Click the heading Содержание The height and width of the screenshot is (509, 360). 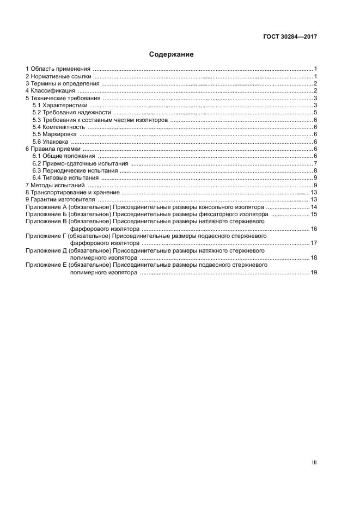pos(171,54)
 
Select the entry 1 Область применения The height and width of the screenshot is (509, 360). pos(58,69)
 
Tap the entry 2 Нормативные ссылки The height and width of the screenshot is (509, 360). pos(58,77)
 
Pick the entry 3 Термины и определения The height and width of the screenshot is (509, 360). pos(62,84)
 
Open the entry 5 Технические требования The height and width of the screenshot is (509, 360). pos(63,99)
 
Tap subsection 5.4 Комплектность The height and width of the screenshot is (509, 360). pos(58,127)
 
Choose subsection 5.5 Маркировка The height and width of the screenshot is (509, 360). pos(56,134)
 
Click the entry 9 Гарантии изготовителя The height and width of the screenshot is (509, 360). pos(60,200)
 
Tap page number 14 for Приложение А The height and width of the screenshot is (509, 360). pos(314,207)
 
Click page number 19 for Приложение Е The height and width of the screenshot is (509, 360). pos(314,273)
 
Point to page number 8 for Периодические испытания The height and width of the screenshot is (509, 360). pos(315,171)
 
